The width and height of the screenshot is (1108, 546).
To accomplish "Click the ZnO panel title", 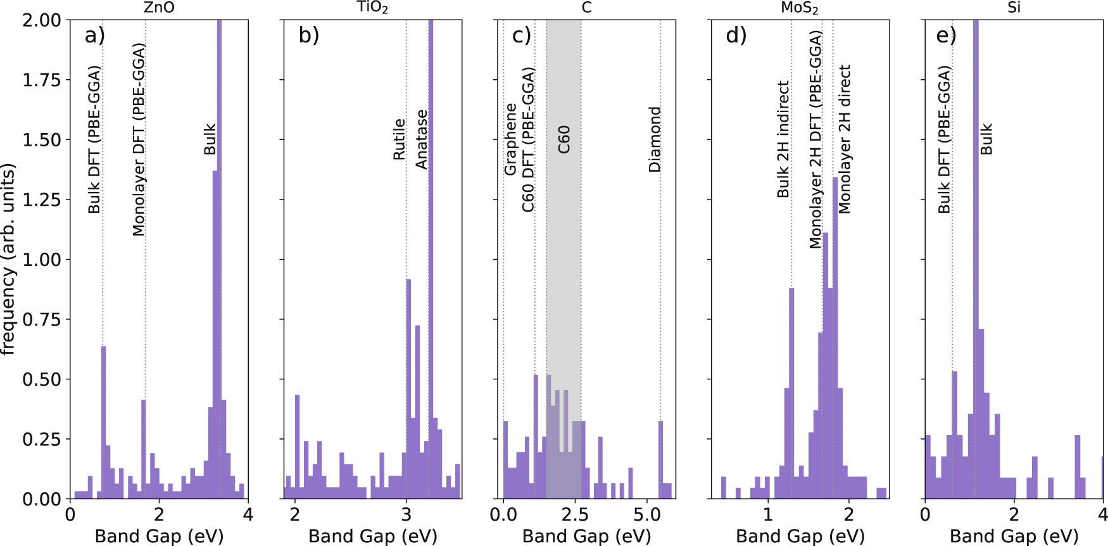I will (159, 8).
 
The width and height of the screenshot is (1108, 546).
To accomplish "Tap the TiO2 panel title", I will (372, 8).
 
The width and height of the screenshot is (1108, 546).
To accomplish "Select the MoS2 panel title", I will (800, 8).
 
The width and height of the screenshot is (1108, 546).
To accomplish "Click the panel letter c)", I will (521, 35).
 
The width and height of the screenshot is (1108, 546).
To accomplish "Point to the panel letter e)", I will (946, 35).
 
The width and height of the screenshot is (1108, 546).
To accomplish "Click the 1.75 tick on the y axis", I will (42, 80).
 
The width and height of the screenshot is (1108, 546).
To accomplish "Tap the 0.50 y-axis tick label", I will (42, 379).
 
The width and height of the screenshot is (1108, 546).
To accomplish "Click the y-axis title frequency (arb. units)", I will (8, 259).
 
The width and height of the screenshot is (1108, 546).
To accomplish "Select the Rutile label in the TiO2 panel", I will (399, 139).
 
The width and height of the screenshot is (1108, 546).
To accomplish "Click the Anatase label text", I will (422, 139).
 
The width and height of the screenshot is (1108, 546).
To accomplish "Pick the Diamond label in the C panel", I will (655, 139).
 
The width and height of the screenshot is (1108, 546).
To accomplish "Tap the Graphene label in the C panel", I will (510, 139).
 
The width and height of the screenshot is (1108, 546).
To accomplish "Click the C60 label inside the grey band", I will (563, 139).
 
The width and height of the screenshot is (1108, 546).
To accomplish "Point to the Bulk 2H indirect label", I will (783, 139).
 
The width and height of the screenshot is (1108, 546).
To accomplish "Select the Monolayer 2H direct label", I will (845, 139).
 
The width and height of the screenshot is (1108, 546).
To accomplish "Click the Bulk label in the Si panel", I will (986, 139).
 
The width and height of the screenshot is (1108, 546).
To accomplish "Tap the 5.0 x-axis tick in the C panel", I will (647, 514).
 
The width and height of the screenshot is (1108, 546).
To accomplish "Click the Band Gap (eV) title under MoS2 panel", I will (800, 536).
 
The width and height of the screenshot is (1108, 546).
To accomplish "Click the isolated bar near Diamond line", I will (660, 459).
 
